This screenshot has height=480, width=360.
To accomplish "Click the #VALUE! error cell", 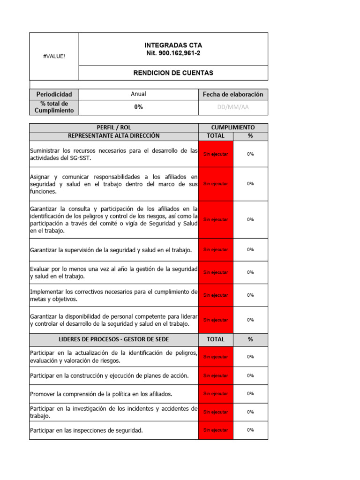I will pyautogui.click(x=54, y=56).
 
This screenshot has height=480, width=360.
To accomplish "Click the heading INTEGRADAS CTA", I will pyautogui.click(x=173, y=45).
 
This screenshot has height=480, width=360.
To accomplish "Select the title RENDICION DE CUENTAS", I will pyautogui.click(x=173, y=73).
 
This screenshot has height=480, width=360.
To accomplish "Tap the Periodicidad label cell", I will pyautogui.click(x=54, y=94).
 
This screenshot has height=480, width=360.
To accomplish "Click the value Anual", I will pyautogui.click(x=138, y=94).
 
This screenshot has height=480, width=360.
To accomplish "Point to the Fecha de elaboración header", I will pyautogui.click(x=233, y=94).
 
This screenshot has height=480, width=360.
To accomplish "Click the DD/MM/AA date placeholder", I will pyautogui.click(x=233, y=107).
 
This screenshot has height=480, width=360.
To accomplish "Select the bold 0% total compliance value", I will pyautogui.click(x=138, y=107).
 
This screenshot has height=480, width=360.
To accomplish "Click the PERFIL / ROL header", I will pyautogui.click(x=114, y=127).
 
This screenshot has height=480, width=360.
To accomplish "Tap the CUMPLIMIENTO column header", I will pyautogui.click(x=233, y=127).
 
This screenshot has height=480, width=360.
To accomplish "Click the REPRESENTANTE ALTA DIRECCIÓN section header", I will pyautogui.click(x=114, y=136).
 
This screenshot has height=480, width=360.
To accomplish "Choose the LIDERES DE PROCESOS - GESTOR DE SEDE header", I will pyautogui.click(x=114, y=339).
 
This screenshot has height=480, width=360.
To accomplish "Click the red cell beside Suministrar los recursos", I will pyautogui.click(x=216, y=154).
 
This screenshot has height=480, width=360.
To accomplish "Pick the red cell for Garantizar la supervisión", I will pyautogui.click(x=216, y=250).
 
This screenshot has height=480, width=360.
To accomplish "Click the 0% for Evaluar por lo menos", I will pyautogui.click(x=250, y=272).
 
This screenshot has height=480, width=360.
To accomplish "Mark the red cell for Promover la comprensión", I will pyautogui.click(x=216, y=394).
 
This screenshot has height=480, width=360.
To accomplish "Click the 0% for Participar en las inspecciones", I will pyautogui.click(x=250, y=430).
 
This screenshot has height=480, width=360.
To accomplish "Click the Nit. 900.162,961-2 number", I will pyautogui.click(x=173, y=53).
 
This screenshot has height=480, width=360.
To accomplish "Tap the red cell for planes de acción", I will pyautogui.click(x=216, y=375).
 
